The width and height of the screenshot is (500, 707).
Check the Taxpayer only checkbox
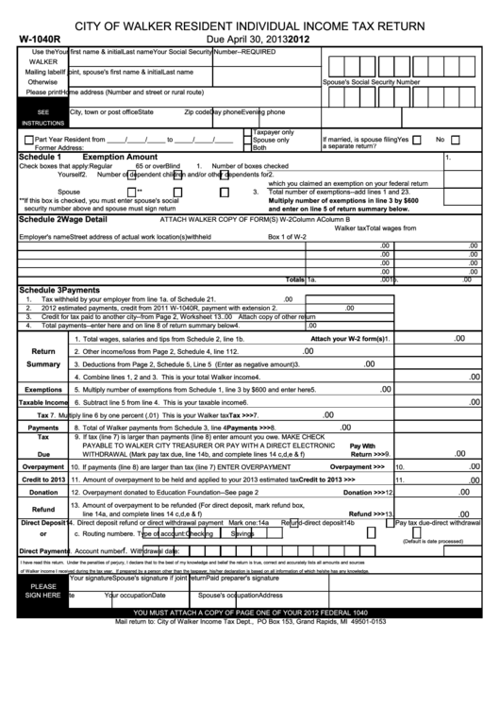click(x=247, y=132)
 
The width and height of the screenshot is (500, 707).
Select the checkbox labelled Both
click(x=247, y=147)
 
